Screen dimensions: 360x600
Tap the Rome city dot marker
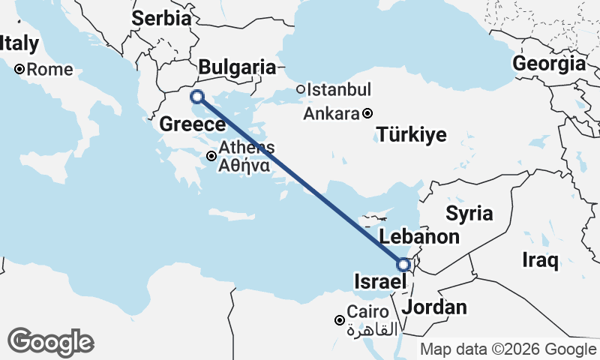pos(20,70)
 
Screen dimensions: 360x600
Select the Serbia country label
pos(161,19)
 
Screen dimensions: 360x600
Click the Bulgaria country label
pos(237,67)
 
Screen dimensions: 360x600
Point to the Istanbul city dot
pos(300,90)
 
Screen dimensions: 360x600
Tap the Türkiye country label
pos(412,135)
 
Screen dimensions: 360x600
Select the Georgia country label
pos(549,64)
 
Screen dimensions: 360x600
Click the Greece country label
pos(193,124)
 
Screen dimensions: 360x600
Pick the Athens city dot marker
pos(212,156)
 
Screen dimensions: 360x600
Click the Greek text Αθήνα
pos(244,166)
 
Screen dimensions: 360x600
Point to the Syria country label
pos(469,214)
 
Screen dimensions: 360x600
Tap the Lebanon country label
pos(419,238)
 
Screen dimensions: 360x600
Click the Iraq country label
pos(541,261)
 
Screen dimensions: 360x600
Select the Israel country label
pos(379,282)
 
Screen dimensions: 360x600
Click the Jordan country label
pos(434,307)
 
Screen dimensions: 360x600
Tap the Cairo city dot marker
pos(340,320)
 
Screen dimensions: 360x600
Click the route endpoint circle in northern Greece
pos(197,96)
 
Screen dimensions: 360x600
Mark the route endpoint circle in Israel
pos(403,265)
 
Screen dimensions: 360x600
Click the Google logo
pos(50,342)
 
